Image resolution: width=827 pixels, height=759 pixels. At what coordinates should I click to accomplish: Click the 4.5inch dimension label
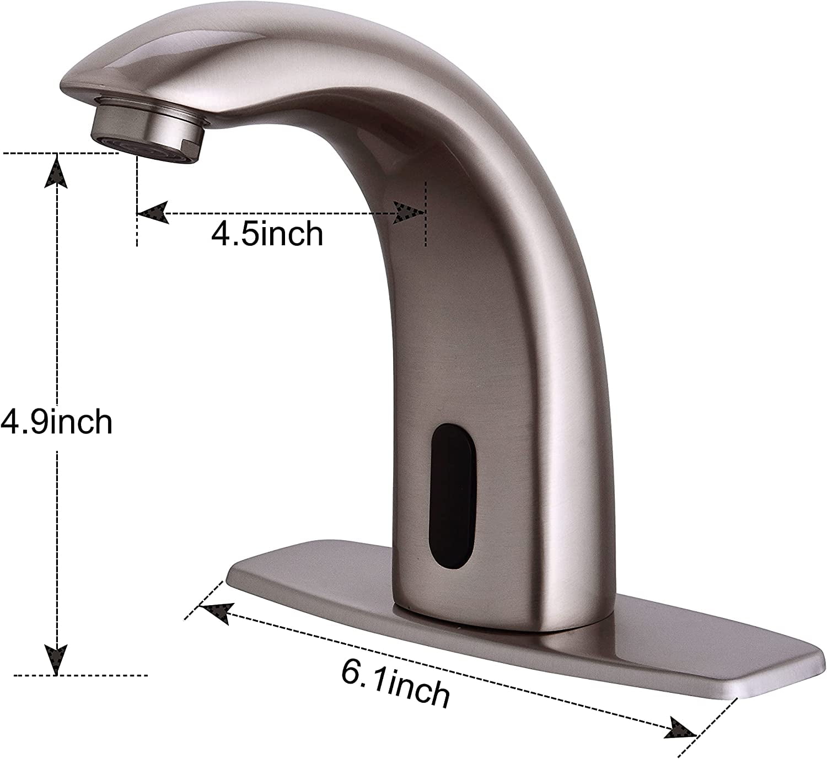click(267, 234)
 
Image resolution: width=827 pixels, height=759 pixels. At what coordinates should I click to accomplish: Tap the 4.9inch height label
click(56, 422)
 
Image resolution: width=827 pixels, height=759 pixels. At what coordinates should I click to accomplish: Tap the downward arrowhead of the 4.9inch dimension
click(57, 659)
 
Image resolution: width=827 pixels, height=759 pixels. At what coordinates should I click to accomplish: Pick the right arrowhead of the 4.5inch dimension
click(408, 212)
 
